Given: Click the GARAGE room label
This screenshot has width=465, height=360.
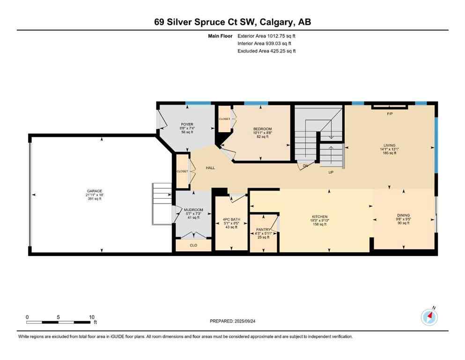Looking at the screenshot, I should click(x=94, y=191).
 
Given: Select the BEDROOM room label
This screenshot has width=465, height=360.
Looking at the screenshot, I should click(x=262, y=129).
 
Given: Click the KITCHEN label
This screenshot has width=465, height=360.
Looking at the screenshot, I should click(x=320, y=217).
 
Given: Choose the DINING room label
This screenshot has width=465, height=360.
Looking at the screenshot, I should click(x=403, y=215).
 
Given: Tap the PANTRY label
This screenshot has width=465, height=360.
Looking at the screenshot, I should click(x=263, y=230).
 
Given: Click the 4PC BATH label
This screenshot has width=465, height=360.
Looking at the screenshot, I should click(x=231, y=219).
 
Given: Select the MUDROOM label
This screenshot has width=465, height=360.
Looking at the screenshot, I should click(x=192, y=210).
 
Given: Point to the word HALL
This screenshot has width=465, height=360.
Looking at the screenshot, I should click(x=210, y=167).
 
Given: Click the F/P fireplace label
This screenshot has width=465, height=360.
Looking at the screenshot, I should click(x=389, y=114).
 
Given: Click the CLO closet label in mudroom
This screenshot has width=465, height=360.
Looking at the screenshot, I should click(x=192, y=245).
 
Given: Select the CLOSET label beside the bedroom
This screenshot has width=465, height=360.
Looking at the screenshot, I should click(x=224, y=119).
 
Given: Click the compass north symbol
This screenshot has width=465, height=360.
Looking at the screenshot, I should click(x=429, y=317).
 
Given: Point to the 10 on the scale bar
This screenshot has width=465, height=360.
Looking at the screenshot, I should click(x=92, y=317).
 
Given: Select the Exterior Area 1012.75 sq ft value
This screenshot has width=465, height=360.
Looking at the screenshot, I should click(x=267, y=35).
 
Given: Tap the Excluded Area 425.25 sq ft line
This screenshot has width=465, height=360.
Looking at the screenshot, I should click(x=267, y=51).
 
